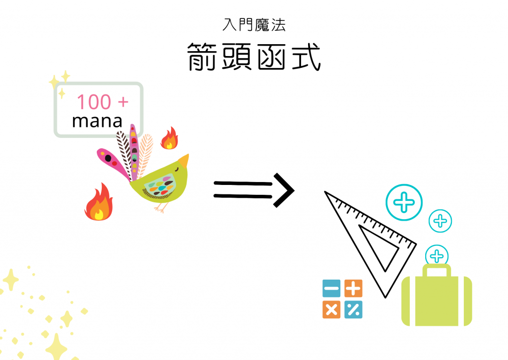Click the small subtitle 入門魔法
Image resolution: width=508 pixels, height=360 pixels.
(x=254, y=25)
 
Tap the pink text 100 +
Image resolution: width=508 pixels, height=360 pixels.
(x=102, y=102)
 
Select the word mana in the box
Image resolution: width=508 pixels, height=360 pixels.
(x=97, y=120)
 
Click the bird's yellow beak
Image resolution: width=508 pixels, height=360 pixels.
(x=184, y=161)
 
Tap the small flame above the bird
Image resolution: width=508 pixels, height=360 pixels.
(x=169, y=139)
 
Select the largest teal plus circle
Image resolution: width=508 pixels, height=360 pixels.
(x=404, y=203)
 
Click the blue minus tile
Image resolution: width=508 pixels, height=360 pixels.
(x=331, y=289)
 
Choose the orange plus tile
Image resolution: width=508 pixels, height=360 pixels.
(x=353, y=289)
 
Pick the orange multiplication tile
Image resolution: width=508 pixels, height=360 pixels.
(x=331, y=310)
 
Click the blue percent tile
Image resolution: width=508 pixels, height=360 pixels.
(x=353, y=310)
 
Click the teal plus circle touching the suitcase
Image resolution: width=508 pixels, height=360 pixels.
(x=437, y=256)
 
